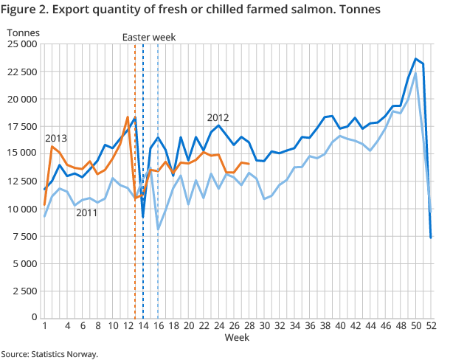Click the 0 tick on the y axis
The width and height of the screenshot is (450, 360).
coord(34,317)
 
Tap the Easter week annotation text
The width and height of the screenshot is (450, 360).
coord(150,37)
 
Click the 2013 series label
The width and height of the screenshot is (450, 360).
coord(57,138)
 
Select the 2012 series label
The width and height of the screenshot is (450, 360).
coord(218,117)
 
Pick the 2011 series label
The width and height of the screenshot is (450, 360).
coord(88,213)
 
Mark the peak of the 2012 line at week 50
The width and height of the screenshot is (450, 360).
coord(415,58)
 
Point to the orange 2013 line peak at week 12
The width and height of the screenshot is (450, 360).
coord(128,117)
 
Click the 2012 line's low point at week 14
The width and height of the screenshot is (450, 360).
coord(143,217)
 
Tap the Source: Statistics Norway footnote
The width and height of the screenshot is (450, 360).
coord(49,354)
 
